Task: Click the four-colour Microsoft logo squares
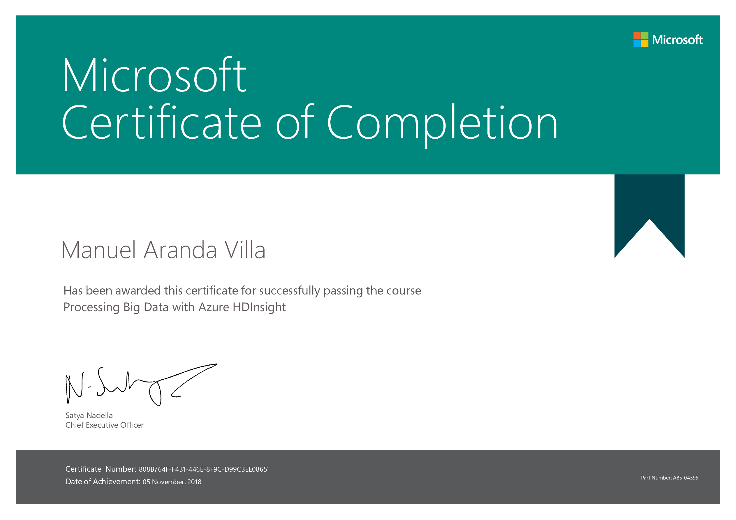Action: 641,39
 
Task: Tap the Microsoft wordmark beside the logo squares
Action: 677,40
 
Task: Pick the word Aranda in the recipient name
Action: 180,250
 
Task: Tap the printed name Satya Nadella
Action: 89,415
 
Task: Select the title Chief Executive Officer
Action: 105,425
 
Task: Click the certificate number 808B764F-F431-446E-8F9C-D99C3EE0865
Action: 203,469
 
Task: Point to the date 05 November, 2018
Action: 172,482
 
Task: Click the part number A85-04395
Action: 685,478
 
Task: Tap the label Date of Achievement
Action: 103,482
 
